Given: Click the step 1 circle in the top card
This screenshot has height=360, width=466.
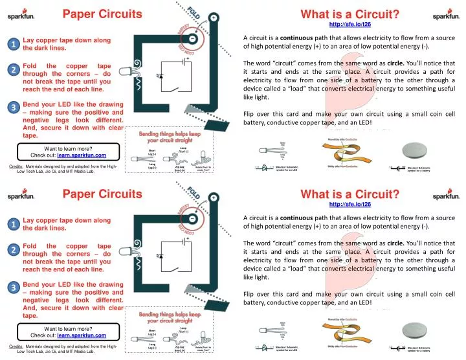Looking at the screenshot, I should point(12,44).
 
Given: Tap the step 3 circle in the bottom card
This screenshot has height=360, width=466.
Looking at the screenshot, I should point(12,287).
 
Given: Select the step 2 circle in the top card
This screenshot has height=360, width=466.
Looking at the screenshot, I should point(12,70).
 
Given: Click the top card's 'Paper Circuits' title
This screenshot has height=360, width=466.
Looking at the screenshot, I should point(102,14).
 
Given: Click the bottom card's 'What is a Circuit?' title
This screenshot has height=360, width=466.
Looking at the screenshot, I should point(349,194).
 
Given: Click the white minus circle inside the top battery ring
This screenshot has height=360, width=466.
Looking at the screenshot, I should point(193,39).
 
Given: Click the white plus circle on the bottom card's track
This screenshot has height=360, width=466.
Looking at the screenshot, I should point(213,199).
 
